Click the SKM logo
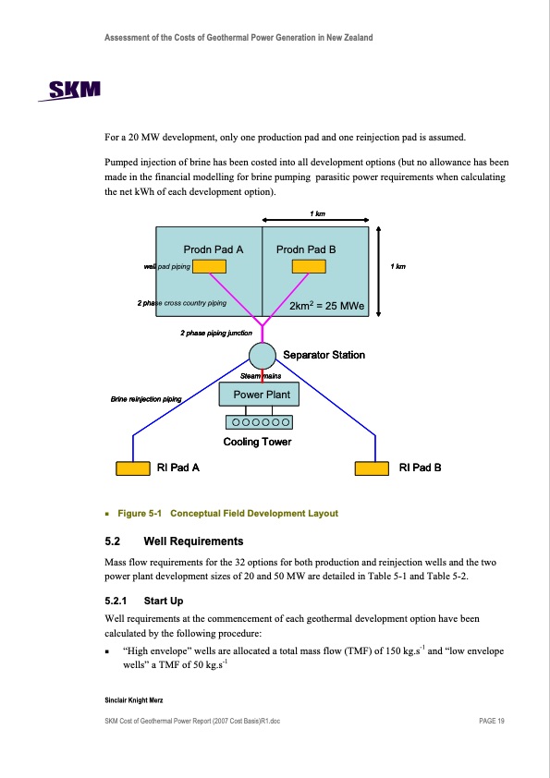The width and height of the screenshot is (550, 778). (x=69, y=91)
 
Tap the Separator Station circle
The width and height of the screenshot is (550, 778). (x=263, y=355)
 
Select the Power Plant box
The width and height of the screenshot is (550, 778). (x=259, y=395)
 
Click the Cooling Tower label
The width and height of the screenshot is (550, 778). (x=257, y=442)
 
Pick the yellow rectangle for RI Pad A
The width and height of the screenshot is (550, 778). (x=133, y=468)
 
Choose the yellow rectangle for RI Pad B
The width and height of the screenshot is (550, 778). (x=372, y=468)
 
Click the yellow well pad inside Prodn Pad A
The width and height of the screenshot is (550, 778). (x=210, y=266)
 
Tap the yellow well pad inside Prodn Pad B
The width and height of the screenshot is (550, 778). (x=309, y=266)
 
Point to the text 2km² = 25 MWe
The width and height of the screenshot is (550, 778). (x=326, y=306)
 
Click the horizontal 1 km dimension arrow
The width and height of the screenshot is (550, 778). (x=315, y=220)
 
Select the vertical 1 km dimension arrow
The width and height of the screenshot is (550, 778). (x=378, y=272)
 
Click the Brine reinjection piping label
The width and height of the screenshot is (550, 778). (x=146, y=399)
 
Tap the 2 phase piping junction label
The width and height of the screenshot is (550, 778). (x=216, y=333)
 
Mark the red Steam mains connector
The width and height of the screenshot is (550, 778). (x=263, y=376)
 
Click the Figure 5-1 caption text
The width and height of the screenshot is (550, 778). (x=227, y=514)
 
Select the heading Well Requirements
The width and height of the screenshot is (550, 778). (x=193, y=541)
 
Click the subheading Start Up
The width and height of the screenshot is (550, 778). (x=164, y=601)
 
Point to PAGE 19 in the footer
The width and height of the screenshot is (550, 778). (x=492, y=721)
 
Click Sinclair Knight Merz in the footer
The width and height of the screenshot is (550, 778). (x=133, y=700)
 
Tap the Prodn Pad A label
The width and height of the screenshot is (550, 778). (x=214, y=249)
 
